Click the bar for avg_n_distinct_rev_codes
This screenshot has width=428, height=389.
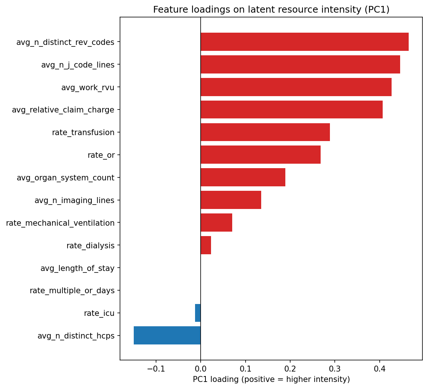(304, 42)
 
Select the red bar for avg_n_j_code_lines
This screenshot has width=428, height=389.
(300, 65)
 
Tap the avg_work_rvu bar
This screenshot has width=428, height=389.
(296, 87)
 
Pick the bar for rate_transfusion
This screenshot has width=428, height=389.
(265, 132)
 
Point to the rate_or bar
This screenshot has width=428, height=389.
(260, 155)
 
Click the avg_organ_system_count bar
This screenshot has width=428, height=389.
(243, 177)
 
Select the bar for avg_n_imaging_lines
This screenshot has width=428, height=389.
(231, 200)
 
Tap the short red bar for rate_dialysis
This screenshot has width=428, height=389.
(206, 245)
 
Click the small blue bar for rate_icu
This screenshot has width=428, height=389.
(198, 313)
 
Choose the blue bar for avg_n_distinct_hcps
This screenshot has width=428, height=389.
(167, 336)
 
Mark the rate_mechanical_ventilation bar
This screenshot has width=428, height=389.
(216, 223)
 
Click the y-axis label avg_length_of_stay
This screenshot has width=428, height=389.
(77, 268)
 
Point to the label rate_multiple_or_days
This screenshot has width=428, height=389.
(72, 291)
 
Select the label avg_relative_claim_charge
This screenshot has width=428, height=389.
(63, 110)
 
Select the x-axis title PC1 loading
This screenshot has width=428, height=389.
(271, 379)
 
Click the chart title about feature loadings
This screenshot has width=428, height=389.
(271, 10)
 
